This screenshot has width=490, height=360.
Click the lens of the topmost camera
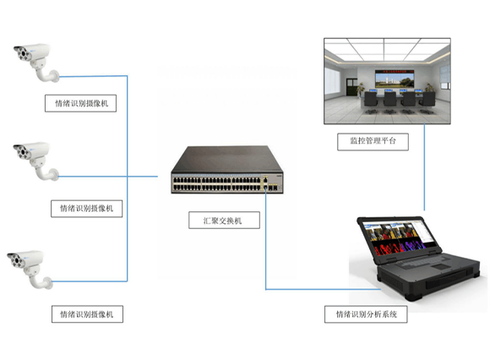23,54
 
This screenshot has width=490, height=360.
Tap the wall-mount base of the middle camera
54,175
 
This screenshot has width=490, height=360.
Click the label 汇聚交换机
223,221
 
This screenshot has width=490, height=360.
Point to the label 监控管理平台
373,141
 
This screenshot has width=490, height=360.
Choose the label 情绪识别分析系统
367,314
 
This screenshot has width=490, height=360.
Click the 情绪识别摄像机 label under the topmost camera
82,103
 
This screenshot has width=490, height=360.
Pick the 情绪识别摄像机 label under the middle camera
86,209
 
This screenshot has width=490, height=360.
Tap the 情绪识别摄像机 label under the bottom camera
86,314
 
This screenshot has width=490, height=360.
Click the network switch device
227,170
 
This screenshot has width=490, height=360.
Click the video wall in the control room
395,79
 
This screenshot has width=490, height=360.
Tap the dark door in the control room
351,87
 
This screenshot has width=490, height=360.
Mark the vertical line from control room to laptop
424,167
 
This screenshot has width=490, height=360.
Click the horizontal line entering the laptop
323,289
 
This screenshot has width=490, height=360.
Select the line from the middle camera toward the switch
108,177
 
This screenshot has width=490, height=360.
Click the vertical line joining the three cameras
128,178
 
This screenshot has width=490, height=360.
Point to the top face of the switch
227,159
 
